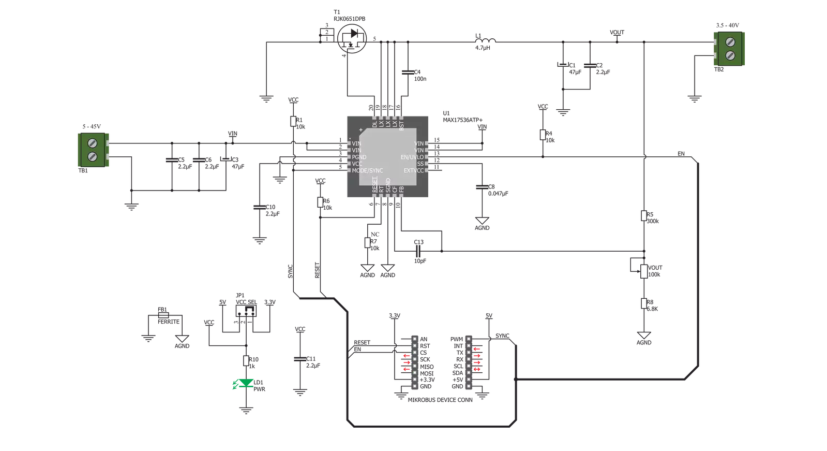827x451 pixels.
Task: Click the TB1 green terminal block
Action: (94, 150)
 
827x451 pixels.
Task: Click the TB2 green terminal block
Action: (729, 49)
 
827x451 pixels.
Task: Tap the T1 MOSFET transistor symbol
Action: (352, 39)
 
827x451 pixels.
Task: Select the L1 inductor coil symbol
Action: (486, 40)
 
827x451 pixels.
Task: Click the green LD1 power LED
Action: (246, 383)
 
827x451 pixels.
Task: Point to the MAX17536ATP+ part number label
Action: (462, 120)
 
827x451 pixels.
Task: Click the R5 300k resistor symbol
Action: (644, 216)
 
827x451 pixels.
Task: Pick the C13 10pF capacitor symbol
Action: (418, 251)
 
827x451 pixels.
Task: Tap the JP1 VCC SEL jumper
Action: (246, 311)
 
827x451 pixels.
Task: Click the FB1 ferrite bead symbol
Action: (163, 315)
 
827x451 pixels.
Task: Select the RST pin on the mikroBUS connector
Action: (415, 346)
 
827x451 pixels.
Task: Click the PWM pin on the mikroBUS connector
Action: (469, 339)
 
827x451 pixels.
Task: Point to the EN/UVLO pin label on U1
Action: (412, 157)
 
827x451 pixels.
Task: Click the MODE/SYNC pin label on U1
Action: (367, 170)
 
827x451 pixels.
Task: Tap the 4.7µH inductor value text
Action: (483, 48)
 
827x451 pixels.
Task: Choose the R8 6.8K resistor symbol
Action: (644, 303)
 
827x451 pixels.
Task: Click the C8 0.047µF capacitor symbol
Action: (482, 187)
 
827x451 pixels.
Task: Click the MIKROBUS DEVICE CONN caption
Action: (440, 400)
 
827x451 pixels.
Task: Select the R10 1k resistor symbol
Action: (246, 361)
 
